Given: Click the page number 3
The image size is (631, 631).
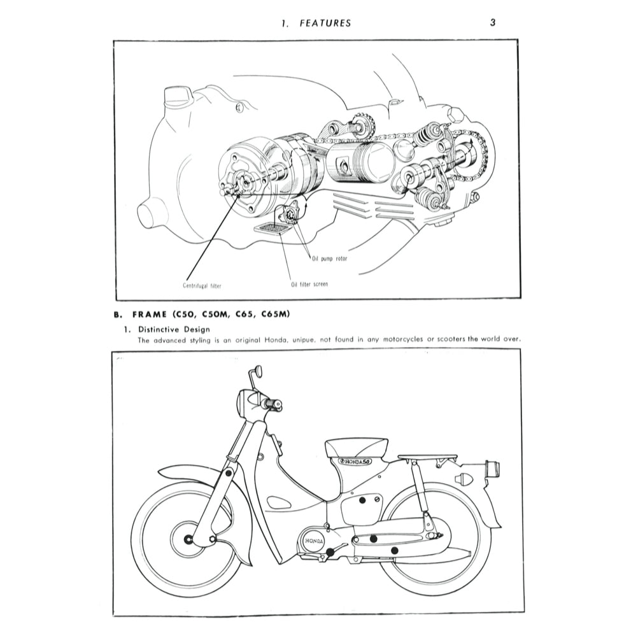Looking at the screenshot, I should (x=492, y=22).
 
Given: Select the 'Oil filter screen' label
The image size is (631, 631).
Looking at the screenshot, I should (x=309, y=283).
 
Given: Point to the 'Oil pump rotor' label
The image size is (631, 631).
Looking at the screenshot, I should (x=330, y=259).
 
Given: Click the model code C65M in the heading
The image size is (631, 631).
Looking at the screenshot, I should (x=278, y=314).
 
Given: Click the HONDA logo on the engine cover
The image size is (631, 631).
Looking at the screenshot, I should (x=313, y=541).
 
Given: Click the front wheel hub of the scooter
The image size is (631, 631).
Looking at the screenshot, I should (x=188, y=540).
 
